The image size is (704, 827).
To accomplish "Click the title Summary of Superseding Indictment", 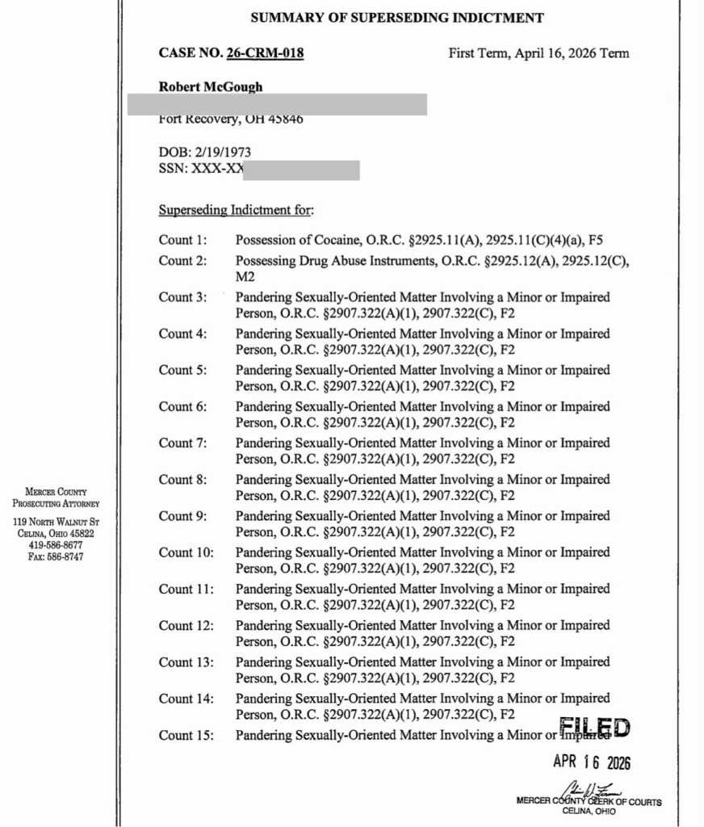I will coord(397,18).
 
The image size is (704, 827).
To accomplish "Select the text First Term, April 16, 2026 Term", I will coord(538,54).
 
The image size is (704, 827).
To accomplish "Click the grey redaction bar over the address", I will coord(277,104).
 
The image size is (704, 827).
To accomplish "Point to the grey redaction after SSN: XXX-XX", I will coord(301,170).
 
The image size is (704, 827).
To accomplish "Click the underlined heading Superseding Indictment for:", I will coord(236,211).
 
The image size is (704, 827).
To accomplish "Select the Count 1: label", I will coord(182,240).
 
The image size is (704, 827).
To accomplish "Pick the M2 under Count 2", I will coord(245,276).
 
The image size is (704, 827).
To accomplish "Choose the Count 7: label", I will coord(182,443).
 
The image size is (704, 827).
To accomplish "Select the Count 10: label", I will coord(186,552).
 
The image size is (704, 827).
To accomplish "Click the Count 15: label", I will coord(186,735).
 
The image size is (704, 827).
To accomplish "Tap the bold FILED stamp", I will coord(594,727).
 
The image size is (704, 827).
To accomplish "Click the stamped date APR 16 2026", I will coord(591,762).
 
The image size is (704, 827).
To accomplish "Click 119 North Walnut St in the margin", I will coord(56,522).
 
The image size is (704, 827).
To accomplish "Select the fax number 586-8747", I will coord(65,556).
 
